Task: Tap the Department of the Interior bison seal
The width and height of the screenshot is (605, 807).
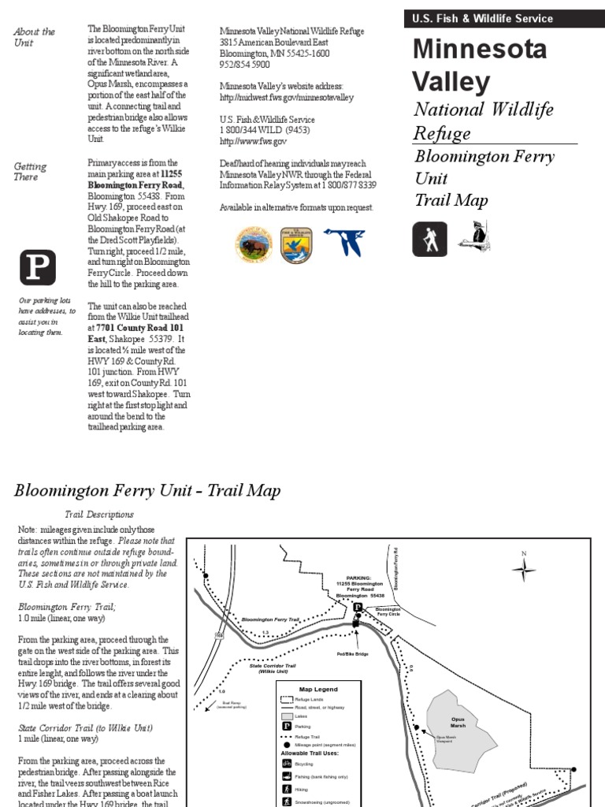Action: (x=253, y=244)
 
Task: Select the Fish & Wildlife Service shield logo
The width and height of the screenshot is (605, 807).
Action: (x=296, y=245)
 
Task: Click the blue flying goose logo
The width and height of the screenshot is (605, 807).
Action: (x=343, y=242)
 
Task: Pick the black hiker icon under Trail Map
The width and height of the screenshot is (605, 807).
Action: (x=429, y=239)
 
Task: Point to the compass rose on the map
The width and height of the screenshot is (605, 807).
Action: (x=524, y=568)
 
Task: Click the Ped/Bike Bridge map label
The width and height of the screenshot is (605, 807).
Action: (x=352, y=653)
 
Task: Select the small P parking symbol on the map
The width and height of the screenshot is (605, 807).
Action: (x=357, y=608)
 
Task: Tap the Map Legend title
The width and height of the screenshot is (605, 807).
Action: (x=318, y=689)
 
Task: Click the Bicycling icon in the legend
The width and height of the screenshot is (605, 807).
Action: (x=287, y=764)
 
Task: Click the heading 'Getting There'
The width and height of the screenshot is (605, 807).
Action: (x=30, y=171)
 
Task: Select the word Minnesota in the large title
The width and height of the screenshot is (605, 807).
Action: (x=479, y=49)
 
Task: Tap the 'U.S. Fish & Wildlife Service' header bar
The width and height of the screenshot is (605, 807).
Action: (x=504, y=18)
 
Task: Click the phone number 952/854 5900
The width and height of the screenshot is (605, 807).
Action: (x=243, y=65)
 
